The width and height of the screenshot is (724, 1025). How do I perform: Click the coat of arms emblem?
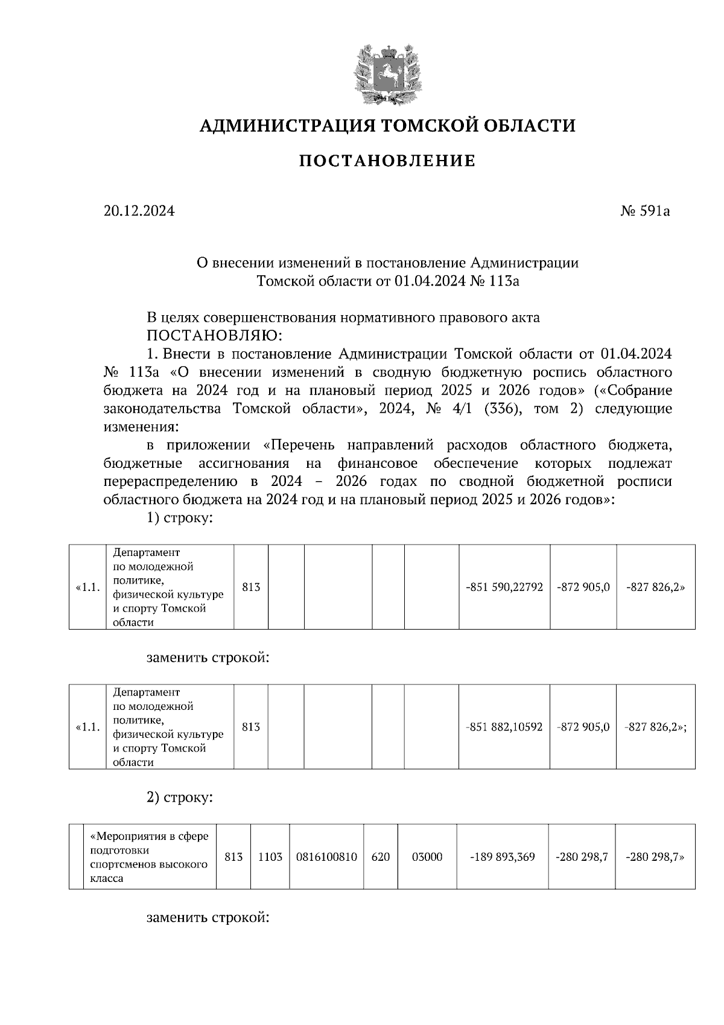coord(387,73)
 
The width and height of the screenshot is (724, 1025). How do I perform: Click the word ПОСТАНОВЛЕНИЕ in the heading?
coord(387,161)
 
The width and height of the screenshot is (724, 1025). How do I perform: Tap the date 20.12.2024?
coord(139,211)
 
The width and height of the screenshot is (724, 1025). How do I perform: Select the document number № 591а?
coord(645,211)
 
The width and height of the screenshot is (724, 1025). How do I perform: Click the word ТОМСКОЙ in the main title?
coord(418,126)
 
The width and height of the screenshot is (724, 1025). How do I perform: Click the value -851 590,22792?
coord(504,587)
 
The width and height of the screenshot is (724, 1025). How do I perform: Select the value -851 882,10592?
coord(504,727)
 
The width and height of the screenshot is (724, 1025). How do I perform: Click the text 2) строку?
coord(179,797)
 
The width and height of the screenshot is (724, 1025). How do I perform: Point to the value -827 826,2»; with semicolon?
coord(656,727)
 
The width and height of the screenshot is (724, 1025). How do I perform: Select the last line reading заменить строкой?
coord(207,918)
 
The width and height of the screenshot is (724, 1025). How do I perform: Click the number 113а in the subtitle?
coord(504,281)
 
